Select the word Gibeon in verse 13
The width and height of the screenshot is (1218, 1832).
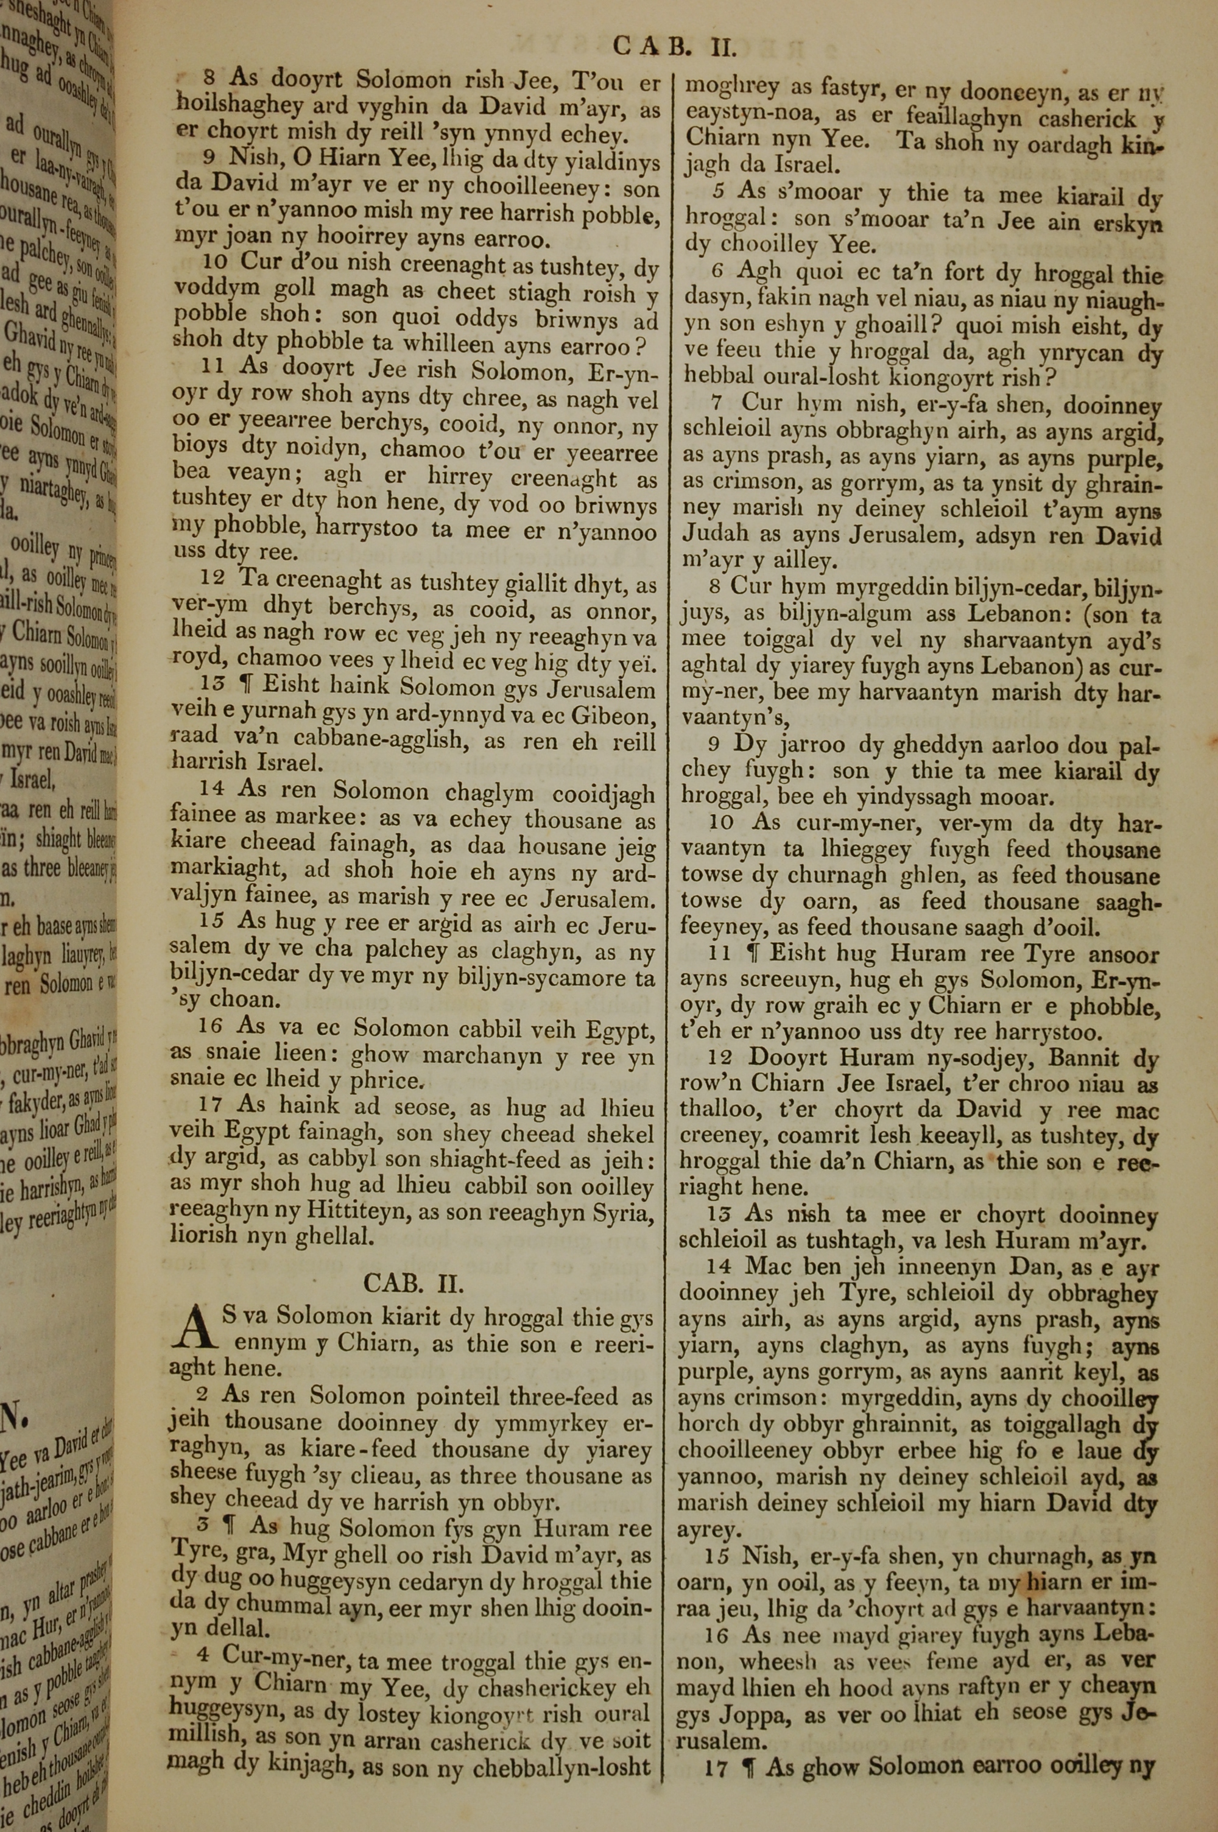(616, 714)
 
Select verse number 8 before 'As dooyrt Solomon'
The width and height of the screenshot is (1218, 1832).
(209, 78)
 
